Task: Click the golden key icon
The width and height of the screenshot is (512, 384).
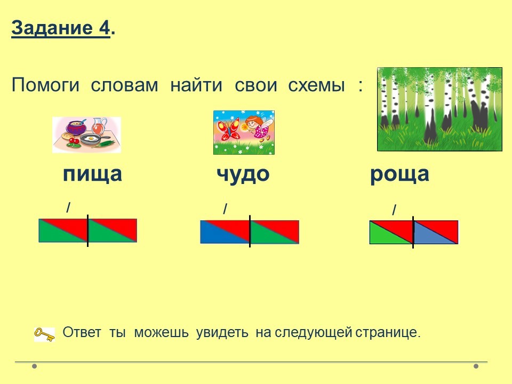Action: point(44,334)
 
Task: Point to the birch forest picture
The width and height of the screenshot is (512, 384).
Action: point(439,109)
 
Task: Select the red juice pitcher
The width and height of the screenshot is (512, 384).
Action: point(99,126)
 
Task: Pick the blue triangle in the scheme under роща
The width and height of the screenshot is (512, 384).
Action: point(431,235)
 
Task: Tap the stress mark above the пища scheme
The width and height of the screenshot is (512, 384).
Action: point(68,207)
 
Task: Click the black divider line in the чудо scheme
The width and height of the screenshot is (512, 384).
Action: point(250,231)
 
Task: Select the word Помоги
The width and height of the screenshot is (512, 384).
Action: point(45,85)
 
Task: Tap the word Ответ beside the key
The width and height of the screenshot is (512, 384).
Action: point(82,332)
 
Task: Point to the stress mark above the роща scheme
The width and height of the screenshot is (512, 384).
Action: point(395,210)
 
